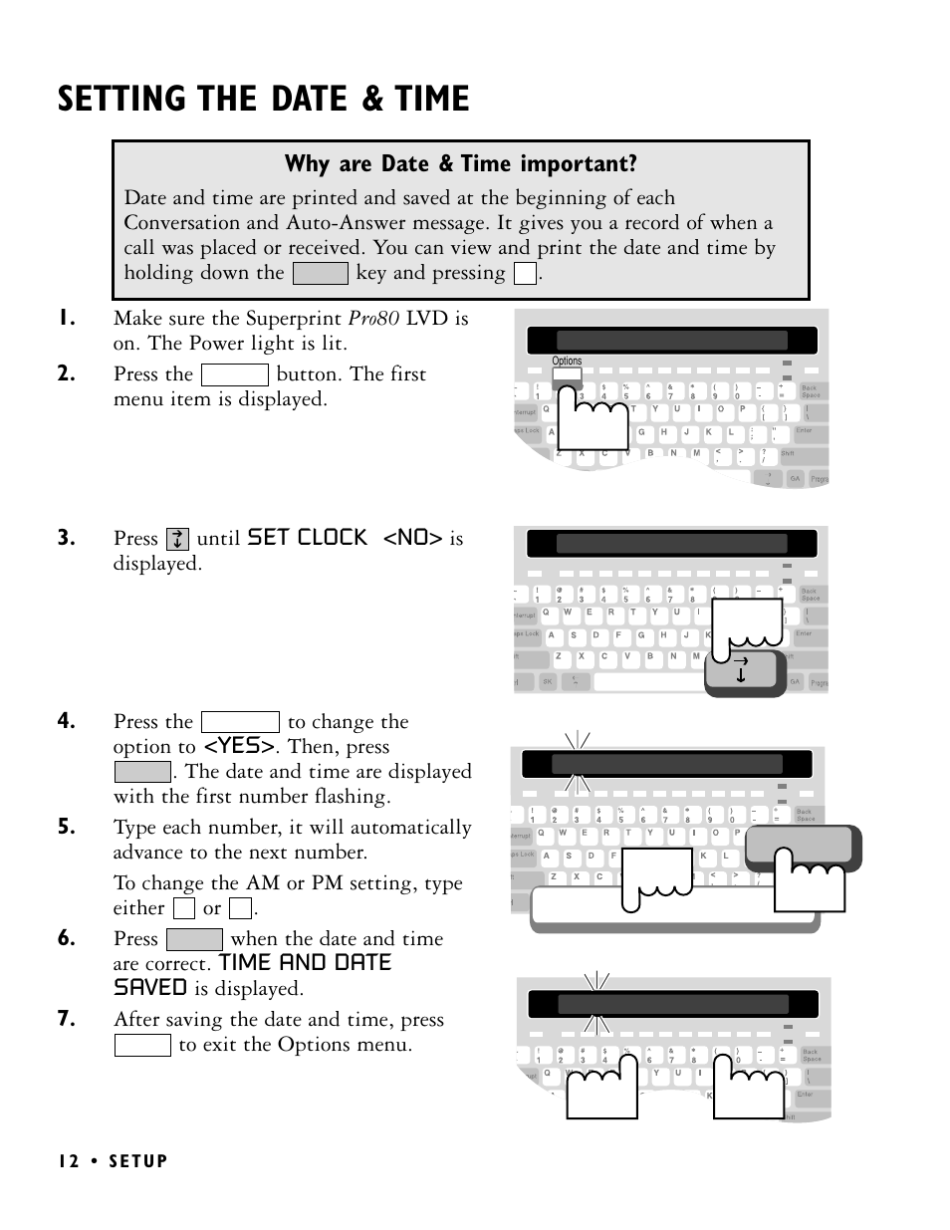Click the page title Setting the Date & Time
[x=263, y=100]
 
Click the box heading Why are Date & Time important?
[x=460, y=164]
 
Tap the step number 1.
[x=66, y=319]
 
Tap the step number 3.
[x=66, y=539]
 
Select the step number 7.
[x=66, y=1019]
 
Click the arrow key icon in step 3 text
[x=177, y=539]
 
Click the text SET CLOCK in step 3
[x=307, y=538]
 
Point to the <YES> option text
[x=239, y=746]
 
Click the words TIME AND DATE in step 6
[x=305, y=963]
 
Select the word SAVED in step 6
[x=149, y=988]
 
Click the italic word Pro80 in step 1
[x=373, y=319]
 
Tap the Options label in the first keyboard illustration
[x=567, y=362]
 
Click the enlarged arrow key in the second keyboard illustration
[x=742, y=670]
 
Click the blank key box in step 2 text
[x=234, y=374]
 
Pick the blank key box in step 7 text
[x=142, y=1045]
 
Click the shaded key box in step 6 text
[x=194, y=939]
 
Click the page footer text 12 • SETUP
[x=113, y=1161]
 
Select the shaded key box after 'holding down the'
[x=320, y=273]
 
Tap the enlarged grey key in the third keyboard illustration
[x=803, y=846]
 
